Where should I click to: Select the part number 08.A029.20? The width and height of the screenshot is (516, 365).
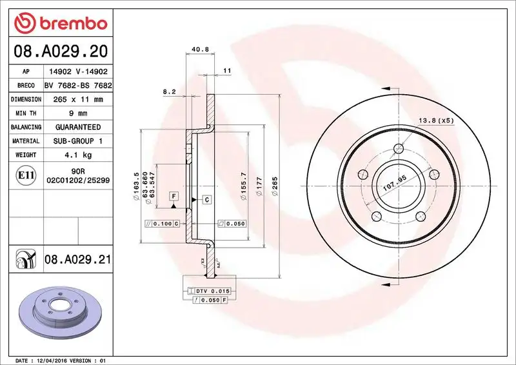pyautogui.click(x=59, y=50)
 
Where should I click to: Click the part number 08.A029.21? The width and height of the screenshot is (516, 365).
pyautogui.click(x=77, y=259)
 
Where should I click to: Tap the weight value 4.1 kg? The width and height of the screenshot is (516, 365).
pyautogui.click(x=77, y=155)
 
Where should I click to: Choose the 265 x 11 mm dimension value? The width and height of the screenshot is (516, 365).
pyautogui.click(x=77, y=99)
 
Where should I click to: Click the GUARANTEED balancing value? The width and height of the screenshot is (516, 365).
pyautogui.click(x=77, y=127)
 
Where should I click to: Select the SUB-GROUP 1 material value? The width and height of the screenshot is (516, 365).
pyautogui.click(x=77, y=141)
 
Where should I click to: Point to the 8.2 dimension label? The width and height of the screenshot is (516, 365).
pyautogui.click(x=169, y=92)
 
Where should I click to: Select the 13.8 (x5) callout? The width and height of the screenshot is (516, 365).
pyautogui.click(x=437, y=121)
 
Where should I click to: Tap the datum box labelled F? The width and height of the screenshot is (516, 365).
pyautogui.click(x=174, y=195)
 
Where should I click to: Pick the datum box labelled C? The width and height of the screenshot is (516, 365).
pyautogui.click(x=207, y=200)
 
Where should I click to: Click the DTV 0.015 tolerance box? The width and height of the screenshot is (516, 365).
pyautogui.click(x=212, y=291)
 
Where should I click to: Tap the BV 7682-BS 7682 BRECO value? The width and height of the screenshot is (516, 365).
pyautogui.click(x=77, y=86)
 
